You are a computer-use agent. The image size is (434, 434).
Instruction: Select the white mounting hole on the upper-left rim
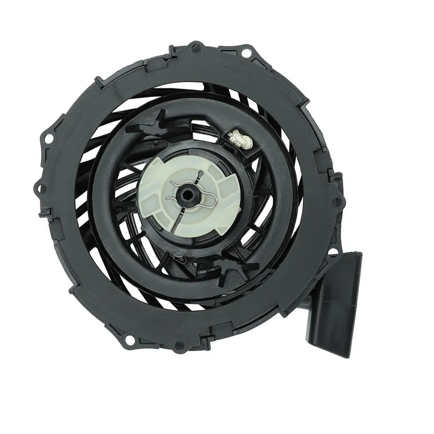[49, 138]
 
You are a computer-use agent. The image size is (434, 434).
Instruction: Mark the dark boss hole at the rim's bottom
[178, 347]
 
